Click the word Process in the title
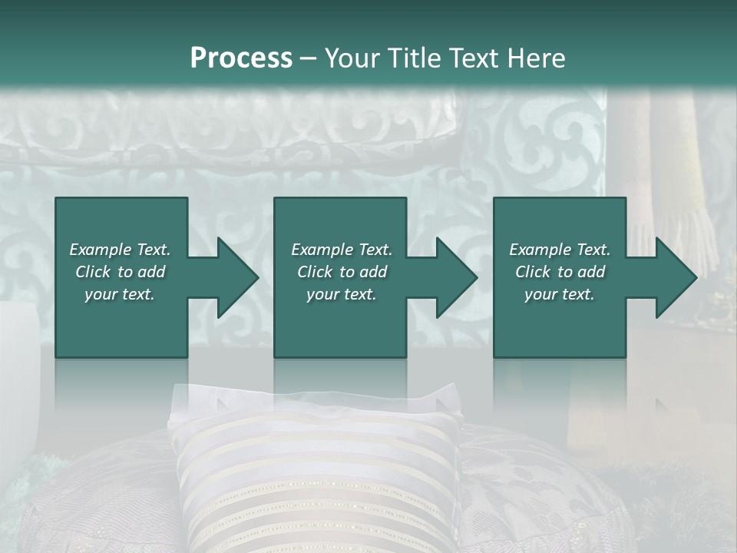click(241, 58)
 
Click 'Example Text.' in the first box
click(120, 250)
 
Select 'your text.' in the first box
click(120, 294)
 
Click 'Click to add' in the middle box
click(342, 272)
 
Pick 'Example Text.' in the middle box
click(342, 250)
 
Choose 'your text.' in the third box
click(560, 294)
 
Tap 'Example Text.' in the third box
click(560, 250)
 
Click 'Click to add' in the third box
click(560, 272)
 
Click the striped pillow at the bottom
click(315, 476)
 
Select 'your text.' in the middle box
click(342, 294)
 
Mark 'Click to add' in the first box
click(120, 272)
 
